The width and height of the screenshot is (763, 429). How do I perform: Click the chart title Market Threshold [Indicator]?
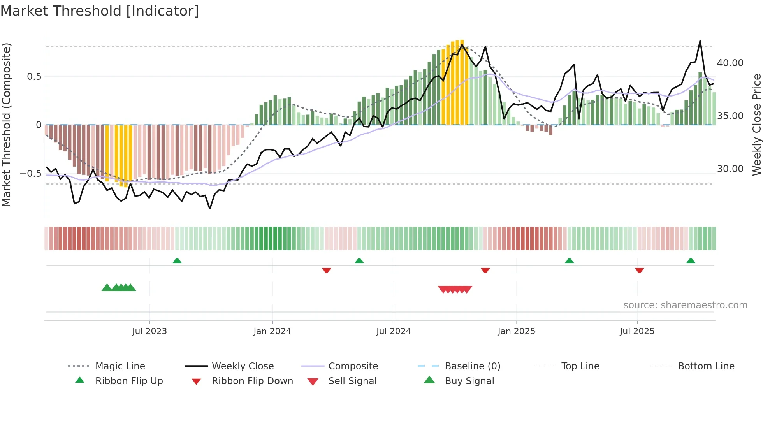click(100, 11)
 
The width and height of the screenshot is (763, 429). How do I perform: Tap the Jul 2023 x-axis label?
click(149, 331)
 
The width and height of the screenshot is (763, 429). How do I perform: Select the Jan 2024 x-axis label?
click(272, 331)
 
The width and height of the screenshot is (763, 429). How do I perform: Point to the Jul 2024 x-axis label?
click(394, 331)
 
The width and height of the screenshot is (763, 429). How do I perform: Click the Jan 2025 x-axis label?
click(516, 331)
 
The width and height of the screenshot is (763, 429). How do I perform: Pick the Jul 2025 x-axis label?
click(637, 331)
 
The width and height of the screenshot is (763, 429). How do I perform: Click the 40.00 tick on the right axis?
click(730, 63)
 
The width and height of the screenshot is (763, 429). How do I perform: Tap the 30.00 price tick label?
click(730, 169)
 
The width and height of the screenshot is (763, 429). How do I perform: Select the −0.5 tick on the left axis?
click(31, 173)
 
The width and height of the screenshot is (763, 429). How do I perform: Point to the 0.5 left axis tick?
click(34, 77)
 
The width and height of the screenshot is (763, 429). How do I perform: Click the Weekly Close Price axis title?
click(756, 125)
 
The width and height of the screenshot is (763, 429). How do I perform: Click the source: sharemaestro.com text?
click(685, 305)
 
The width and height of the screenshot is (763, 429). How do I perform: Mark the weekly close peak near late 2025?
click(700, 41)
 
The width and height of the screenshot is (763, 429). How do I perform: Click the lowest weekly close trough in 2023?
click(210, 209)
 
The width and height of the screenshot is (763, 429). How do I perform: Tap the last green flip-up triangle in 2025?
click(691, 261)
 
